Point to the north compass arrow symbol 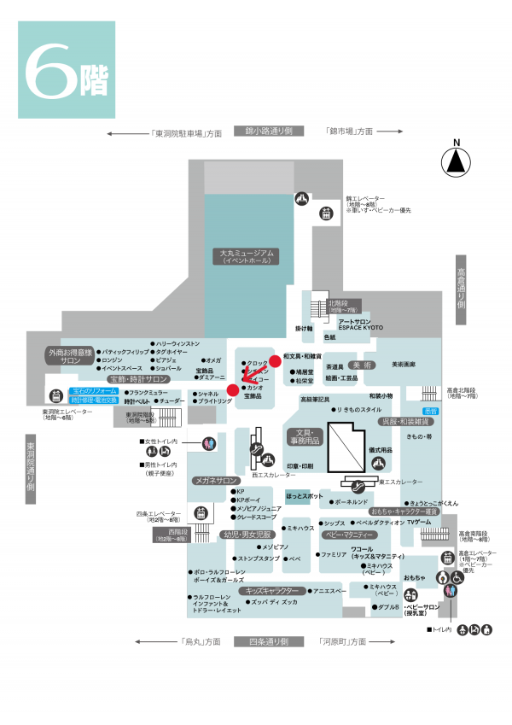point(457,160)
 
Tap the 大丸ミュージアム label point(246,256)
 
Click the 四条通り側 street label point(269,641)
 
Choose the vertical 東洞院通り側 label point(31,466)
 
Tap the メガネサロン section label point(215,480)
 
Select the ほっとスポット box point(304,496)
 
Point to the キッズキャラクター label point(271,590)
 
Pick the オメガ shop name point(213,360)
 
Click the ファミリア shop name point(334,554)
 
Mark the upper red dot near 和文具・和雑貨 point(275,360)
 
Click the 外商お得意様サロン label point(69,356)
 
